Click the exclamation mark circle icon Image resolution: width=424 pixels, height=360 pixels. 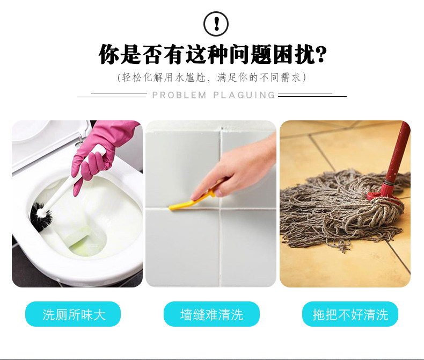click(x=216, y=24)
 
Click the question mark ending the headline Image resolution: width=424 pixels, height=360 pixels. click(x=321, y=54)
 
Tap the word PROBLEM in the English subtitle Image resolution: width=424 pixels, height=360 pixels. click(x=179, y=95)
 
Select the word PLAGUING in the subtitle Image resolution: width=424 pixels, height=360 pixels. click(x=244, y=95)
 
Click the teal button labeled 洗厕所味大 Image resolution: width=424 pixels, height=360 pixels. click(x=73, y=314)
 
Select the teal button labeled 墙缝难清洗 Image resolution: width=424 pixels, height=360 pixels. click(x=211, y=314)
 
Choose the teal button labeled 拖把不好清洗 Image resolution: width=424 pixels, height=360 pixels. click(x=350, y=314)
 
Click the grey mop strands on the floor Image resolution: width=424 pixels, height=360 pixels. click(x=335, y=211)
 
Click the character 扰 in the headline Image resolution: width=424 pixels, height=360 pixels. click(x=305, y=54)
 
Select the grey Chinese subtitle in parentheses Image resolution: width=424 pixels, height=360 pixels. click(x=211, y=77)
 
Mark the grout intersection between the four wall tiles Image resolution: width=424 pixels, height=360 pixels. click(x=221, y=209)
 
